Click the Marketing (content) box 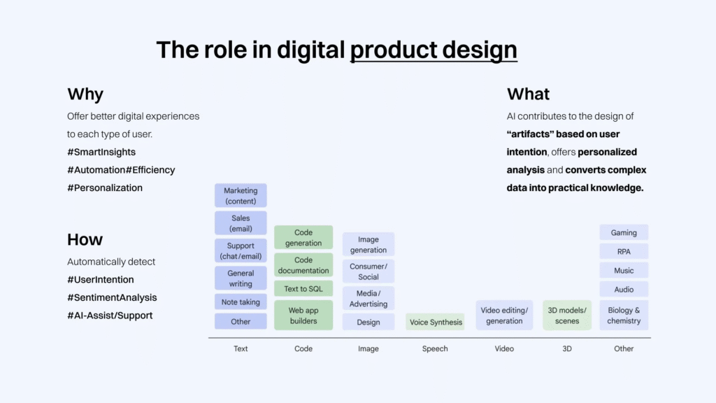[241, 196]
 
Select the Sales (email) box [241, 223]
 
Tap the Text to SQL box [303, 289]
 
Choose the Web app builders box [303, 316]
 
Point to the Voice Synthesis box [435, 322]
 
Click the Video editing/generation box [504, 316]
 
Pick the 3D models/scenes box [566, 316]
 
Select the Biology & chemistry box [624, 316]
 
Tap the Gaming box [624, 232]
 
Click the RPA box [624, 251]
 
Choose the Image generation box [368, 244]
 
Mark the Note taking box [241, 302]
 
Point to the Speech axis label [435, 348]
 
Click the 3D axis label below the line [566, 348]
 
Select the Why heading [85, 94]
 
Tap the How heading [85, 239]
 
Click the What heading [528, 94]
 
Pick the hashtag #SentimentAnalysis [112, 297]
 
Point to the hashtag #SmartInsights [101, 152]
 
